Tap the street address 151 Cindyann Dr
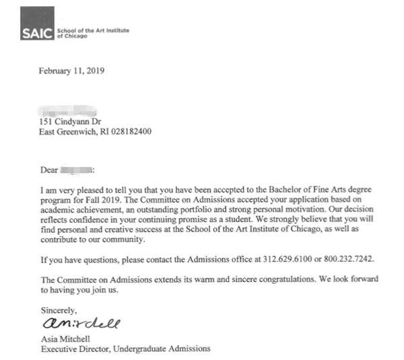pos(70,121)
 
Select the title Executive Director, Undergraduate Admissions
pos(125,349)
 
